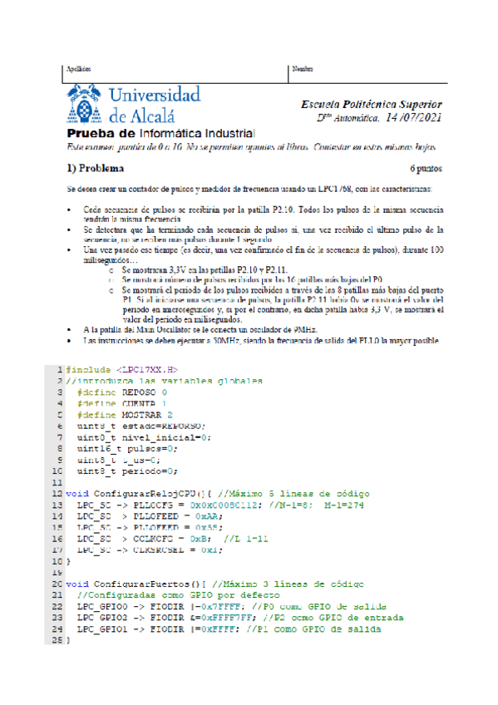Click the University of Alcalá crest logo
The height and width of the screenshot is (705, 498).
tap(86, 105)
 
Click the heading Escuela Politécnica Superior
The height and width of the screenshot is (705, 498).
tap(371, 105)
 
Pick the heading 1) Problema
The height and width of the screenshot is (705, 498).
tap(96, 166)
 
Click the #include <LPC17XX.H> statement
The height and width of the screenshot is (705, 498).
tap(121, 369)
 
